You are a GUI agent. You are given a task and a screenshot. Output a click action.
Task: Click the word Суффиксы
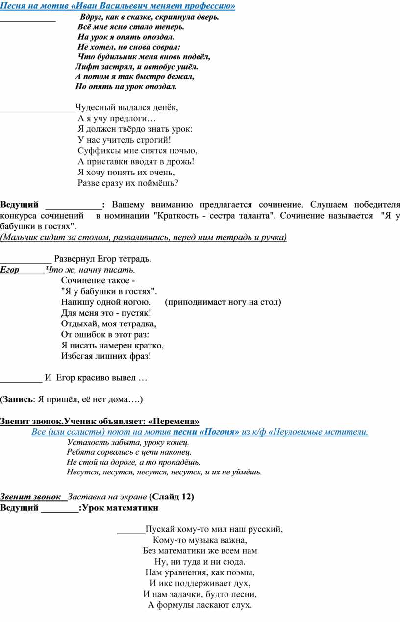[x=98, y=150]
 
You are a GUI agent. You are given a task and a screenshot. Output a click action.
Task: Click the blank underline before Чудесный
[x=37, y=107]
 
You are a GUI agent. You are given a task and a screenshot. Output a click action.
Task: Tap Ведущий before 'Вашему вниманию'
[x=19, y=205]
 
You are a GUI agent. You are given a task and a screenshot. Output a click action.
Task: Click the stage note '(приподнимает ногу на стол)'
[x=223, y=302]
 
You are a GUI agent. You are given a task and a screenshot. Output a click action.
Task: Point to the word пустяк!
[x=137, y=313]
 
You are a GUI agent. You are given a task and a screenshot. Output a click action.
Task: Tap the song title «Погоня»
[x=221, y=432]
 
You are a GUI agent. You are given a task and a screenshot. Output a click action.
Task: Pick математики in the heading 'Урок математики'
[x=130, y=507]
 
